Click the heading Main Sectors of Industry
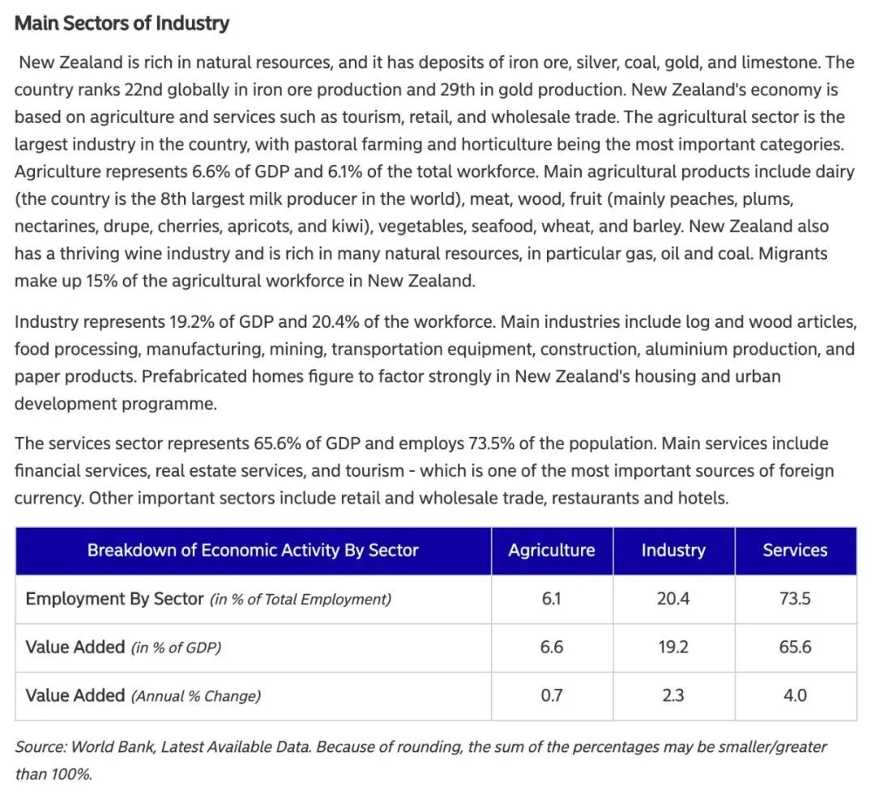(122, 23)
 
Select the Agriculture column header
(552, 550)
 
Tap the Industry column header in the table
(673, 550)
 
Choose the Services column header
(796, 550)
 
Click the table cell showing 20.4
(673, 598)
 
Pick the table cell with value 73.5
(796, 598)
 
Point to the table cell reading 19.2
(673, 647)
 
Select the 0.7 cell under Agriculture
(552, 695)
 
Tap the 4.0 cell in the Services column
(796, 695)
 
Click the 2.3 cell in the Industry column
(673, 695)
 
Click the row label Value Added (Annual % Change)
(143, 696)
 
